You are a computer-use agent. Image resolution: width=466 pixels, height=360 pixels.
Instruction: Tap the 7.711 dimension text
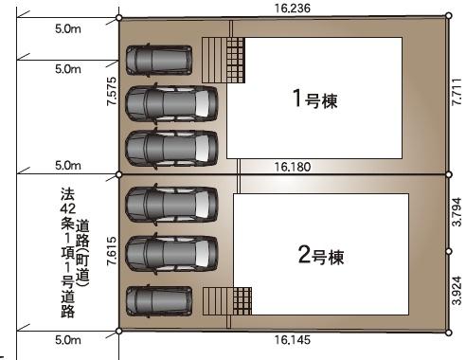[x=457, y=96]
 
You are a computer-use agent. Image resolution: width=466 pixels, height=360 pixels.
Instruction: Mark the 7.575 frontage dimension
[x=112, y=95]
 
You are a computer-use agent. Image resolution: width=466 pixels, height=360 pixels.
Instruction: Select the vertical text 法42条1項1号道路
[x=66, y=251]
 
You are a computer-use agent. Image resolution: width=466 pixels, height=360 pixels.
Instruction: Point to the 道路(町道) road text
[x=82, y=251]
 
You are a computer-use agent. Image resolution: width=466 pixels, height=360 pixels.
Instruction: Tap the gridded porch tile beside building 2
[x=242, y=301]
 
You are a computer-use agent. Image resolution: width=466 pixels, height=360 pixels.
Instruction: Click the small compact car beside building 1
[x=158, y=60]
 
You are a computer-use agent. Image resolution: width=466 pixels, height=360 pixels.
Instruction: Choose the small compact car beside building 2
[x=158, y=301]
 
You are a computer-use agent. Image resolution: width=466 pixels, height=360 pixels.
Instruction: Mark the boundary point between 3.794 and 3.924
[x=450, y=251]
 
